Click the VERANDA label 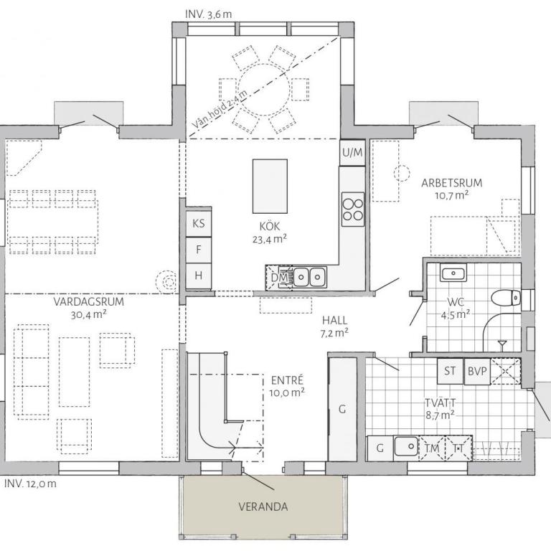coord(263,507)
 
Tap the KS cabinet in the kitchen coord(199,224)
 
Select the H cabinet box coord(199,275)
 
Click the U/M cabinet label coord(352,153)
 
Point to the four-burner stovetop coord(353,209)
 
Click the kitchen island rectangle coord(270,187)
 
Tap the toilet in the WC coord(506,298)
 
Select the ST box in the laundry coord(450,371)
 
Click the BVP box coord(477,371)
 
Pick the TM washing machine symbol coord(432,448)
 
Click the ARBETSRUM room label coord(451,183)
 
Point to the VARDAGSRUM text coord(88,301)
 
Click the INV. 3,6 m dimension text coord(208,14)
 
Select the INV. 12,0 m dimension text coord(30,484)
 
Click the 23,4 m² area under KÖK coord(270,240)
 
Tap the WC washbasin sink coord(453,273)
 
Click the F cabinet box coord(199,250)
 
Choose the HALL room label coord(335,320)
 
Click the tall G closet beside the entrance coord(342,409)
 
